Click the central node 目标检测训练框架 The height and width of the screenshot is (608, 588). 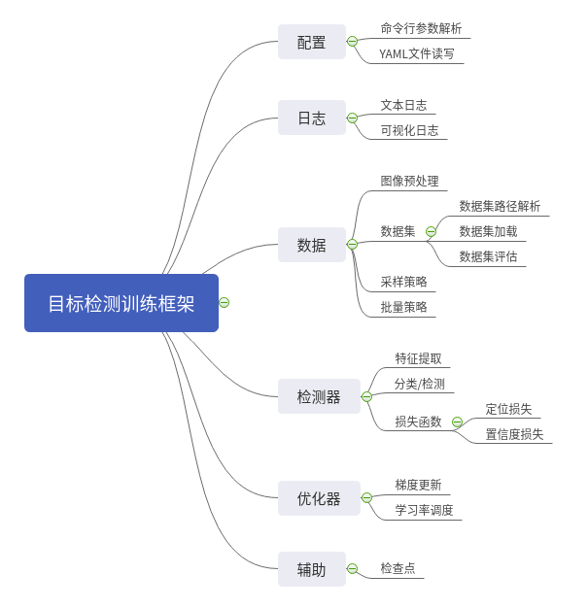[x=121, y=303]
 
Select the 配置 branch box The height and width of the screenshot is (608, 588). [x=311, y=42]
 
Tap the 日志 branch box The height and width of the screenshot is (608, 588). [x=311, y=118]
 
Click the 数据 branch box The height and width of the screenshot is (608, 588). [x=311, y=245]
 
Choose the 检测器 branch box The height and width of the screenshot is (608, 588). [x=318, y=396]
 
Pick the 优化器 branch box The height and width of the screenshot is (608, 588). [x=318, y=498]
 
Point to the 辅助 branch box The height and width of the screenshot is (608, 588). [x=311, y=569]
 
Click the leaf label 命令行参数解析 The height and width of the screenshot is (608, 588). [x=421, y=28]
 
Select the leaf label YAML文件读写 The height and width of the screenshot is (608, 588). [x=416, y=53]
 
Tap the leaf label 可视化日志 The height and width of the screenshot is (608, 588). [x=409, y=130]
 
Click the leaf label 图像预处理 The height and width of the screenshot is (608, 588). [x=409, y=181]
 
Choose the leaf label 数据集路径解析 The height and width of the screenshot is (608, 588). [x=500, y=206]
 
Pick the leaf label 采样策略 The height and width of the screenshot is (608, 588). [x=403, y=282]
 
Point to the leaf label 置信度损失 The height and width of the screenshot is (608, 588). [x=514, y=434]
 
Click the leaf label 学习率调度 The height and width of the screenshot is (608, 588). [x=424, y=510]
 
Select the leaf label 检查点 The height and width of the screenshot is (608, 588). [x=398, y=568]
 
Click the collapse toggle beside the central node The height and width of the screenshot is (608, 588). [x=225, y=303]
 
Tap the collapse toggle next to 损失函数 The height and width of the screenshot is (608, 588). [x=457, y=422]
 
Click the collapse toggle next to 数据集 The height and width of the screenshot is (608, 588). [x=431, y=231]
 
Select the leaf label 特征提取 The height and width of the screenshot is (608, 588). [x=418, y=358]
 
